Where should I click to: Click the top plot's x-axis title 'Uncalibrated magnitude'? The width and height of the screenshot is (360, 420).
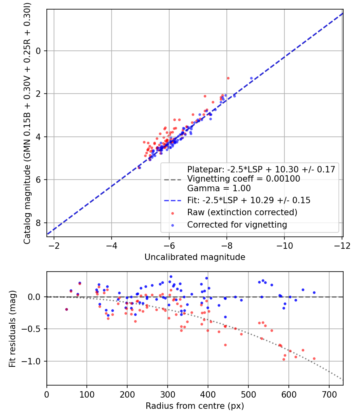[x=195, y=257]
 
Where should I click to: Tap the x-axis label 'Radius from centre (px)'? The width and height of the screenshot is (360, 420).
[x=195, y=406]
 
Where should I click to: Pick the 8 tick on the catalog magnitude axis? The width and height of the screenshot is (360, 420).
[x=39, y=223]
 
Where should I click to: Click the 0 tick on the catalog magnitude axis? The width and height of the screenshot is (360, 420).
[x=39, y=51]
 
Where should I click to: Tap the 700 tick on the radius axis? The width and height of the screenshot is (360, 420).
[x=329, y=394]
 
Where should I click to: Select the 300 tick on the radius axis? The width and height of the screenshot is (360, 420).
[x=167, y=394]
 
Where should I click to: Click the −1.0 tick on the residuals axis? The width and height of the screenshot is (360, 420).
[x=34, y=361]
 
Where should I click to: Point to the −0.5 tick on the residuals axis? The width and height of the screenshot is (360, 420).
[x=34, y=329]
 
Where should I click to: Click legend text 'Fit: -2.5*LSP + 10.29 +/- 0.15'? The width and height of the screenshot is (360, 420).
[x=249, y=200]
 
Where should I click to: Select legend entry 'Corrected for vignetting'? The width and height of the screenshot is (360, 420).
[x=237, y=225]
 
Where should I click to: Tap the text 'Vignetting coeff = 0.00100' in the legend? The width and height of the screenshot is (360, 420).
[x=244, y=179]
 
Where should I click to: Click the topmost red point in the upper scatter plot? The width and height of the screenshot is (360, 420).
[x=228, y=78]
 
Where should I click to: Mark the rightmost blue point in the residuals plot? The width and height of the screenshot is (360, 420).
[x=314, y=292]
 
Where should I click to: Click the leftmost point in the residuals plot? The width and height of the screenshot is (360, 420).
[x=66, y=309]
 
